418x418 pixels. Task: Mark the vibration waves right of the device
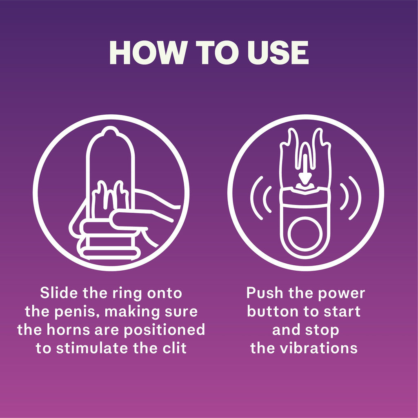pyautogui.click(x=351, y=198)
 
